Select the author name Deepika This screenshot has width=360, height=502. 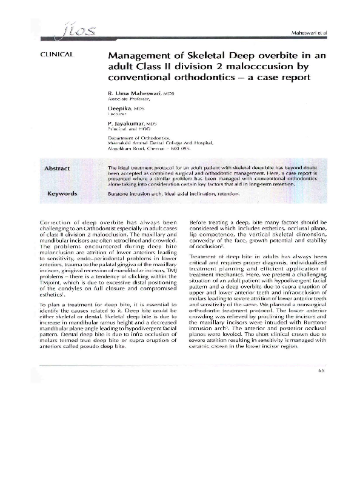pos(119,108)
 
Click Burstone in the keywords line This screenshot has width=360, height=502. pos(118,194)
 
